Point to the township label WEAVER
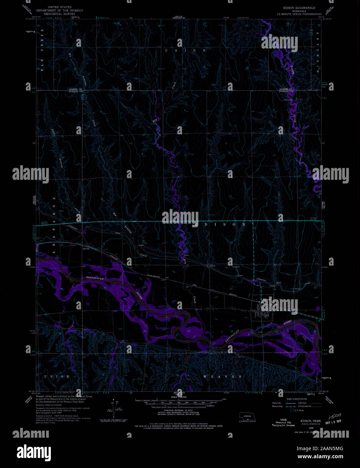(x=223, y=376)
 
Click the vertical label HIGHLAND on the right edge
(x=318, y=51)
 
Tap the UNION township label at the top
(x=186, y=51)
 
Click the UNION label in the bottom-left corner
(x=57, y=376)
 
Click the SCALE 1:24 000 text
(x=179, y=397)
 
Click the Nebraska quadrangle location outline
(x=248, y=416)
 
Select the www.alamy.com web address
(x=320, y=456)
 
